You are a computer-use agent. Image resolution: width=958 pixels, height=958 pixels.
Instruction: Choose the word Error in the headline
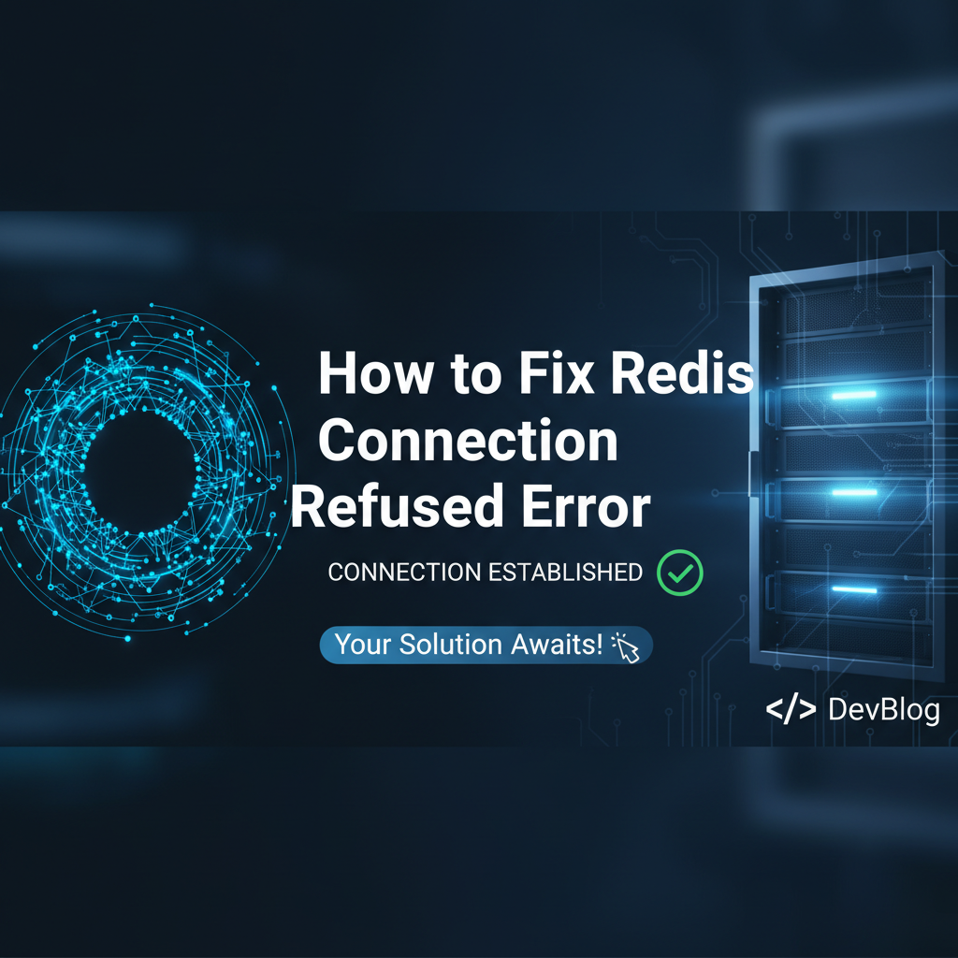587,506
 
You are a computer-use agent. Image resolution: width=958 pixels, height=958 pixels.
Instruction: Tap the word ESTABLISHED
565,573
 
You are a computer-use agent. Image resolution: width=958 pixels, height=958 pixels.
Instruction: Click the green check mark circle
680,573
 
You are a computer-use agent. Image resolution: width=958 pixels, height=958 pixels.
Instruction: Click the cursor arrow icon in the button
626,647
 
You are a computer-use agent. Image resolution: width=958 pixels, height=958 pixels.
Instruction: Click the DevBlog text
884,710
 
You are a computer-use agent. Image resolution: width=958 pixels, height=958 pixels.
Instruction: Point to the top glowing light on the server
854,395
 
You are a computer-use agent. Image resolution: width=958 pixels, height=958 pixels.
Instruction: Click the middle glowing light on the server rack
854,492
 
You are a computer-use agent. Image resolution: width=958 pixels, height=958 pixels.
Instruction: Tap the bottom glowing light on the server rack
854,588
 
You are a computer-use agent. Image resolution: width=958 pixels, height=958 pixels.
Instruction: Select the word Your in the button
364,645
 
